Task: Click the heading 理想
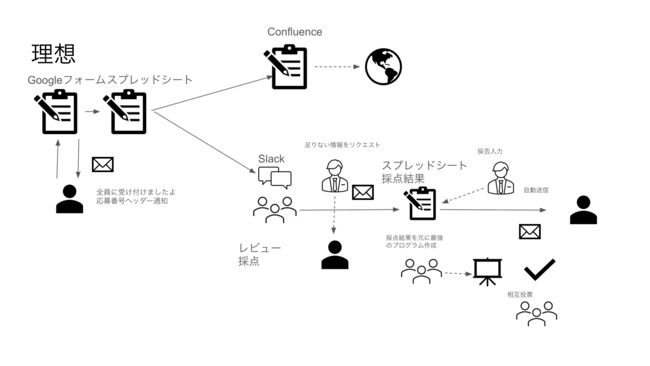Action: click(53, 55)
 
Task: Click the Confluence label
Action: click(295, 32)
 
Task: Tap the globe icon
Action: click(383, 67)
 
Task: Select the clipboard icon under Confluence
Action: click(286, 67)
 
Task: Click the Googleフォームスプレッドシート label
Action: click(110, 80)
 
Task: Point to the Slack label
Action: click(271, 158)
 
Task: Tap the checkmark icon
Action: click(540, 269)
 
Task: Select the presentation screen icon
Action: click(487, 271)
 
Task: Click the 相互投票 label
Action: click(520, 295)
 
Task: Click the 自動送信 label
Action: click(536, 190)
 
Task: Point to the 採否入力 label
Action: click(490, 151)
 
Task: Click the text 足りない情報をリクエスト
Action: click(343, 146)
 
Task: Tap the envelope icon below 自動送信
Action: click(529, 232)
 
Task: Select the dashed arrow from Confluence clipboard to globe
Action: click(336, 67)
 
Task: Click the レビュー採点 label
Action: click(251, 254)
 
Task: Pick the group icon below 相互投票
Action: click(536, 313)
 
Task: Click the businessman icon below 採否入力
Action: click(501, 177)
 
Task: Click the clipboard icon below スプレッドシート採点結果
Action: click(420, 203)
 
